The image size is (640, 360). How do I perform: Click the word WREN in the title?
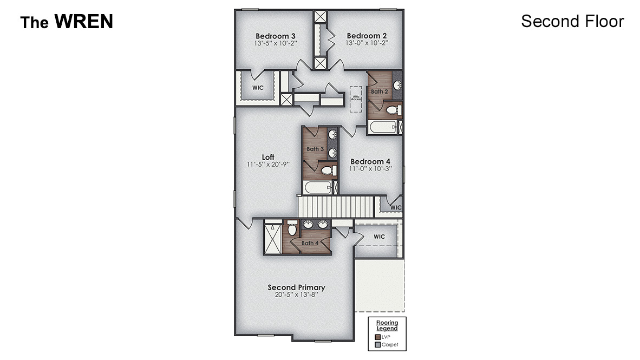[x=83, y=22]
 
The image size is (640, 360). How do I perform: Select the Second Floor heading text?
[x=572, y=21]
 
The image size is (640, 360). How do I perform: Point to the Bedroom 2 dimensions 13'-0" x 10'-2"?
[x=367, y=43]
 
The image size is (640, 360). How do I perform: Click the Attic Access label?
[x=356, y=99]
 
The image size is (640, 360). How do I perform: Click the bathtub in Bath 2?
[x=382, y=128]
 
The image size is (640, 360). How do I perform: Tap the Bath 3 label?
[x=315, y=149]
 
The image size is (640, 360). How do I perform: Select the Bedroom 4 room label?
[x=370, y=161]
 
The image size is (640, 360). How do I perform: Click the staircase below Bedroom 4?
[x=337, y=207]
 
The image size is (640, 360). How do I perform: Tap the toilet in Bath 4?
[x=292, y=230]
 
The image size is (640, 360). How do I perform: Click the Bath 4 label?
[x=310, y=243]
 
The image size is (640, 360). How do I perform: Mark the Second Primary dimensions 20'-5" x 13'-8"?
[x=296, y=295]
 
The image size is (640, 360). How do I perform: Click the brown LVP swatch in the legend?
[x=377, y=337]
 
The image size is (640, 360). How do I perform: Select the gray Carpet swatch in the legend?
[x=377, y=344]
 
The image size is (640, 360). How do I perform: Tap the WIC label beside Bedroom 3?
[x=258, y=87]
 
